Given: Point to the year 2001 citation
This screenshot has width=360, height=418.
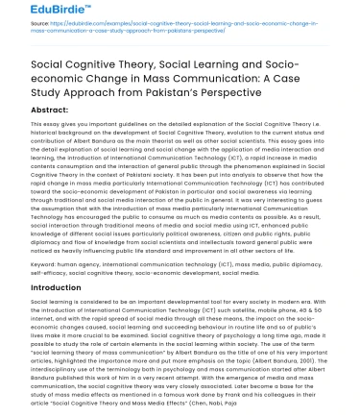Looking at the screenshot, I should tap(317, 346).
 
